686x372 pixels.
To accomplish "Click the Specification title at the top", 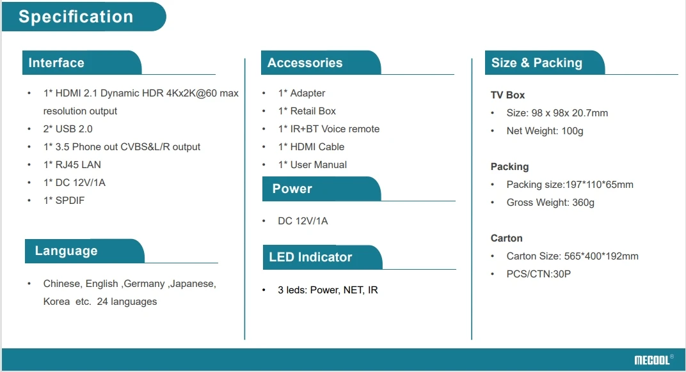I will [x=76, y=17].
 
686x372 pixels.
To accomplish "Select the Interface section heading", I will [x=56, y=63].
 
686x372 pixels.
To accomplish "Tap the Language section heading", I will [x=66, y=251].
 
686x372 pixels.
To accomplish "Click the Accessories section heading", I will [x=305, y=63].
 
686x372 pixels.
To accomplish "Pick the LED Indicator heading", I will [x=310, y=257].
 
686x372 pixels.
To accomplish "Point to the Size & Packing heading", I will [x=536, y=63].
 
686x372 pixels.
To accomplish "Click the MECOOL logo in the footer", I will [x=653, y=360].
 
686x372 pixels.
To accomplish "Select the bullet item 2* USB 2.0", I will [x=68, y=129].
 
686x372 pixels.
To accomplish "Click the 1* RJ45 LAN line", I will [x=72, y=165].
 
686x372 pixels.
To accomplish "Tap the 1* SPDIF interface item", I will [x=64, y=201].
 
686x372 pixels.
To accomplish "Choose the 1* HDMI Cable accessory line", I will [x=311, y=147].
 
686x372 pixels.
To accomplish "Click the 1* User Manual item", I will [x=312, y=165].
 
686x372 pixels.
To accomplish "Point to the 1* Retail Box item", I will [x=307, y=111].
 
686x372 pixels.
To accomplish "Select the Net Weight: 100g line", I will [x=545, y=131].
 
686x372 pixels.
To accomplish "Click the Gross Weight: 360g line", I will [x=550, y=203].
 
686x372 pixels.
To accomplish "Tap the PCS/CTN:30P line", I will [x=538, y=274].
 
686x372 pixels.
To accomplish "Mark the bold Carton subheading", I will [x=507, y=238].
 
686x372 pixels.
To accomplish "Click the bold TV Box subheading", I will [x=507, y=95].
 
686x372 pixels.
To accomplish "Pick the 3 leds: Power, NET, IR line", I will [x=328, y=290].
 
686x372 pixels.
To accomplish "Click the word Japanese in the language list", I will [x=193, y=284].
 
